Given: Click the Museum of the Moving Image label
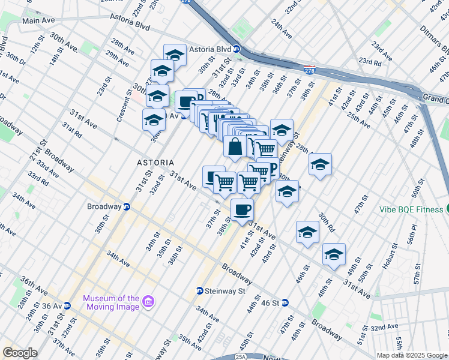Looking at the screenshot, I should pos(110,302).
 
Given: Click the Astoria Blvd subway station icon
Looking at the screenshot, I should pos(237,50).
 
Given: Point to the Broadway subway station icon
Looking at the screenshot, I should pos(127,207).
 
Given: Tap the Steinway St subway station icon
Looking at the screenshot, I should pos(199,291).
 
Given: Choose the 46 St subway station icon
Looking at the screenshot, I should pos(285,303).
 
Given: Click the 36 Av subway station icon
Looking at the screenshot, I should pos(67,305).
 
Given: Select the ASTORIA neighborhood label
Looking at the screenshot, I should pos(155,163).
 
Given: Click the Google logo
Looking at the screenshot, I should pos(20,353).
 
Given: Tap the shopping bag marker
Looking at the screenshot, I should pos(235,146).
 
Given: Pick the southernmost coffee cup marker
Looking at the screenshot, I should pos(242,209).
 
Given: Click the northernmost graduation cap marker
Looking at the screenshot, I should pos(175,55).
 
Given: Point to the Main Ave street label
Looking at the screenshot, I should pos(38,20).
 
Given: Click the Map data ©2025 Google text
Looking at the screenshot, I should pos(412,355).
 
